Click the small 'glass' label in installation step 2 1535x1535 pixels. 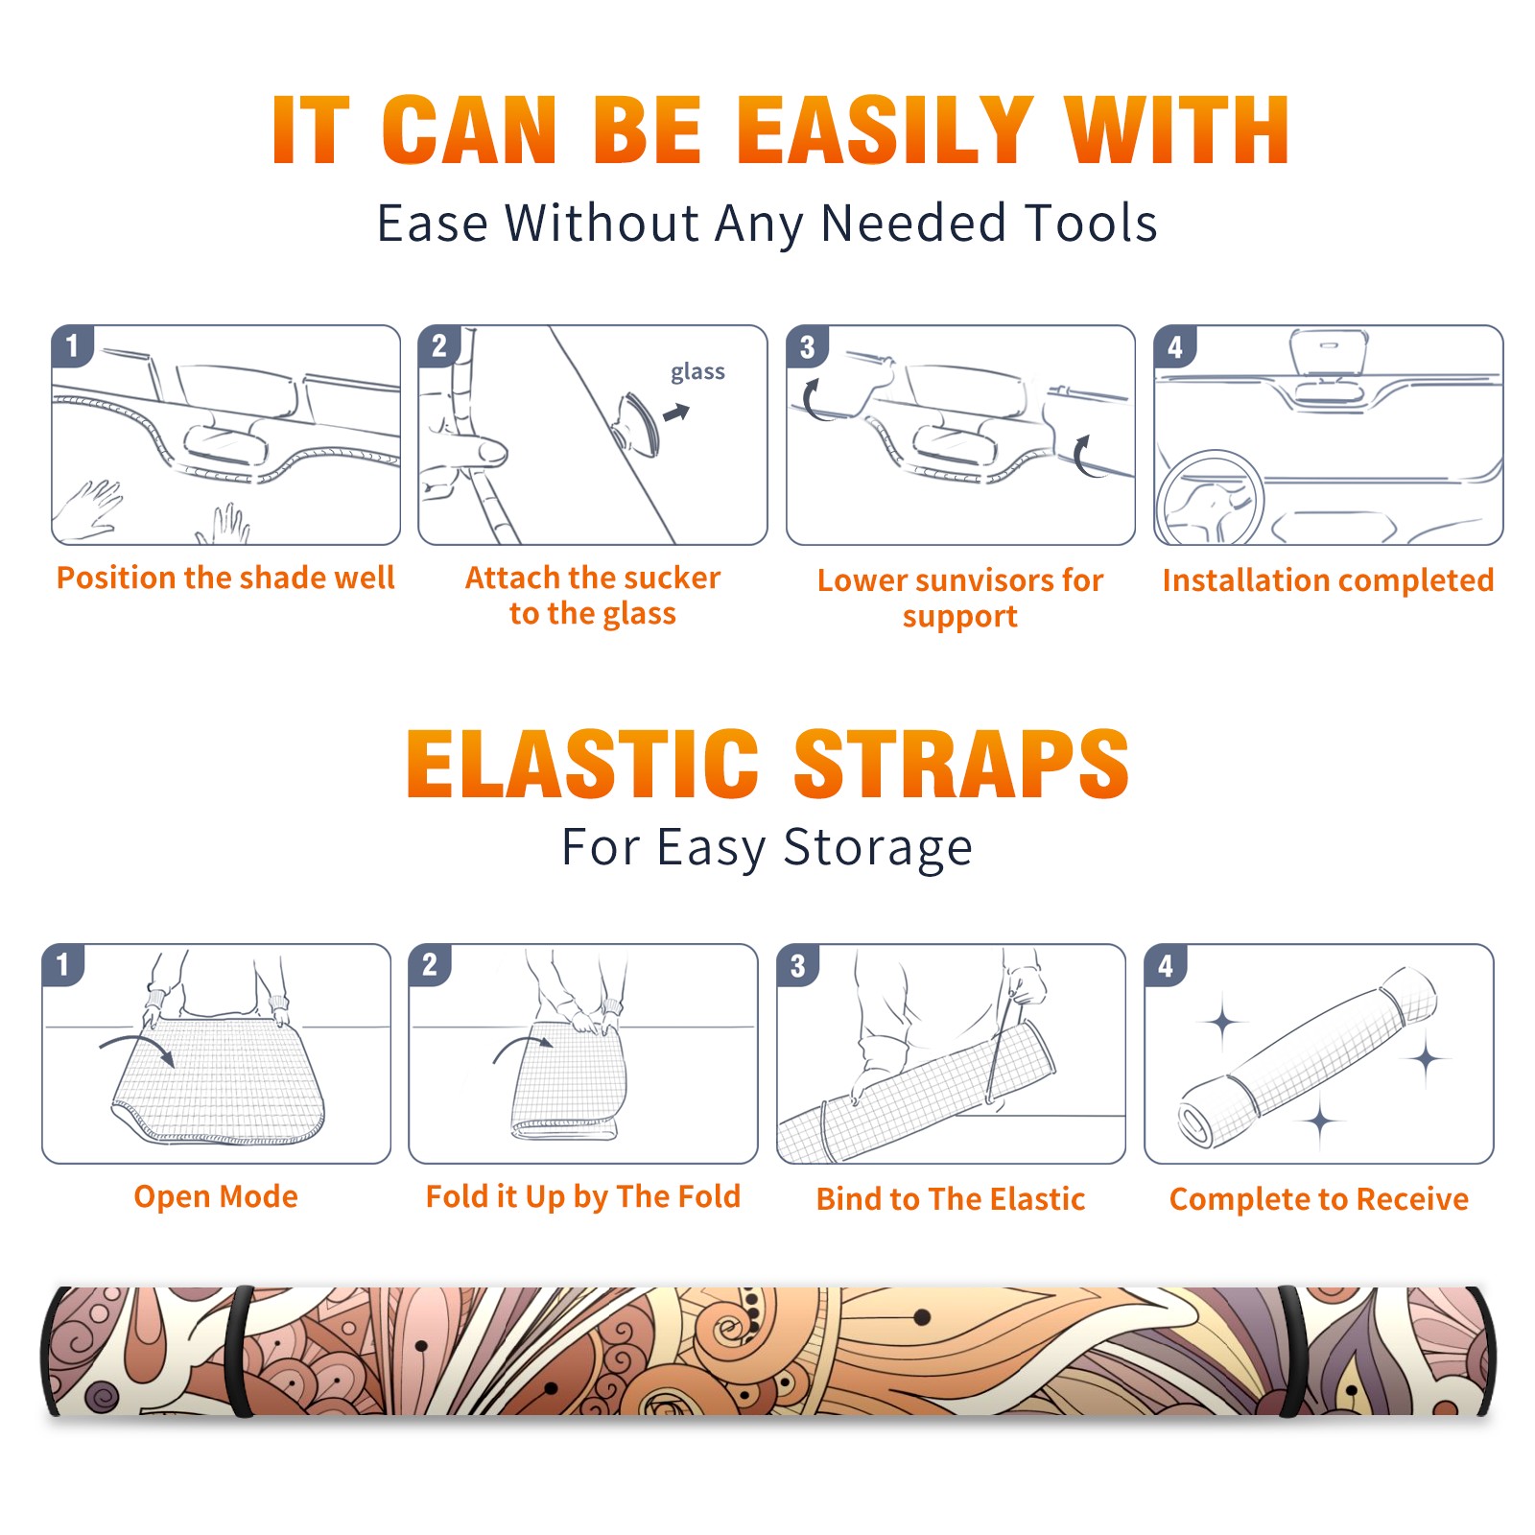pos(697,372)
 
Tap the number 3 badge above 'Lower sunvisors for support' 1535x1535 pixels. pos(807,345)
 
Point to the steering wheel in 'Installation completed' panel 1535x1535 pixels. pos(1210,499)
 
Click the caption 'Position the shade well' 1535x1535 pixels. pos(225,578)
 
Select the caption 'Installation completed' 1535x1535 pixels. pos(1328,579)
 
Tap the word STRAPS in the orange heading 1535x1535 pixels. pos(961,764)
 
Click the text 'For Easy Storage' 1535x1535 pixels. pos(767,848)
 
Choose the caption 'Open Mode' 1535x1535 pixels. pos(216,1196)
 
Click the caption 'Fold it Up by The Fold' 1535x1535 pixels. pos(583,1196)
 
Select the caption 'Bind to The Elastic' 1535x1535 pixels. pos(951,1199)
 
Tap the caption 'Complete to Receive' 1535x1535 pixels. pos(1319,1199)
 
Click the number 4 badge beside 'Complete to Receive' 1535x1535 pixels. pos(1166,965)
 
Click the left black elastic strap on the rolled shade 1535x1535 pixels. pos(240,1352)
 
